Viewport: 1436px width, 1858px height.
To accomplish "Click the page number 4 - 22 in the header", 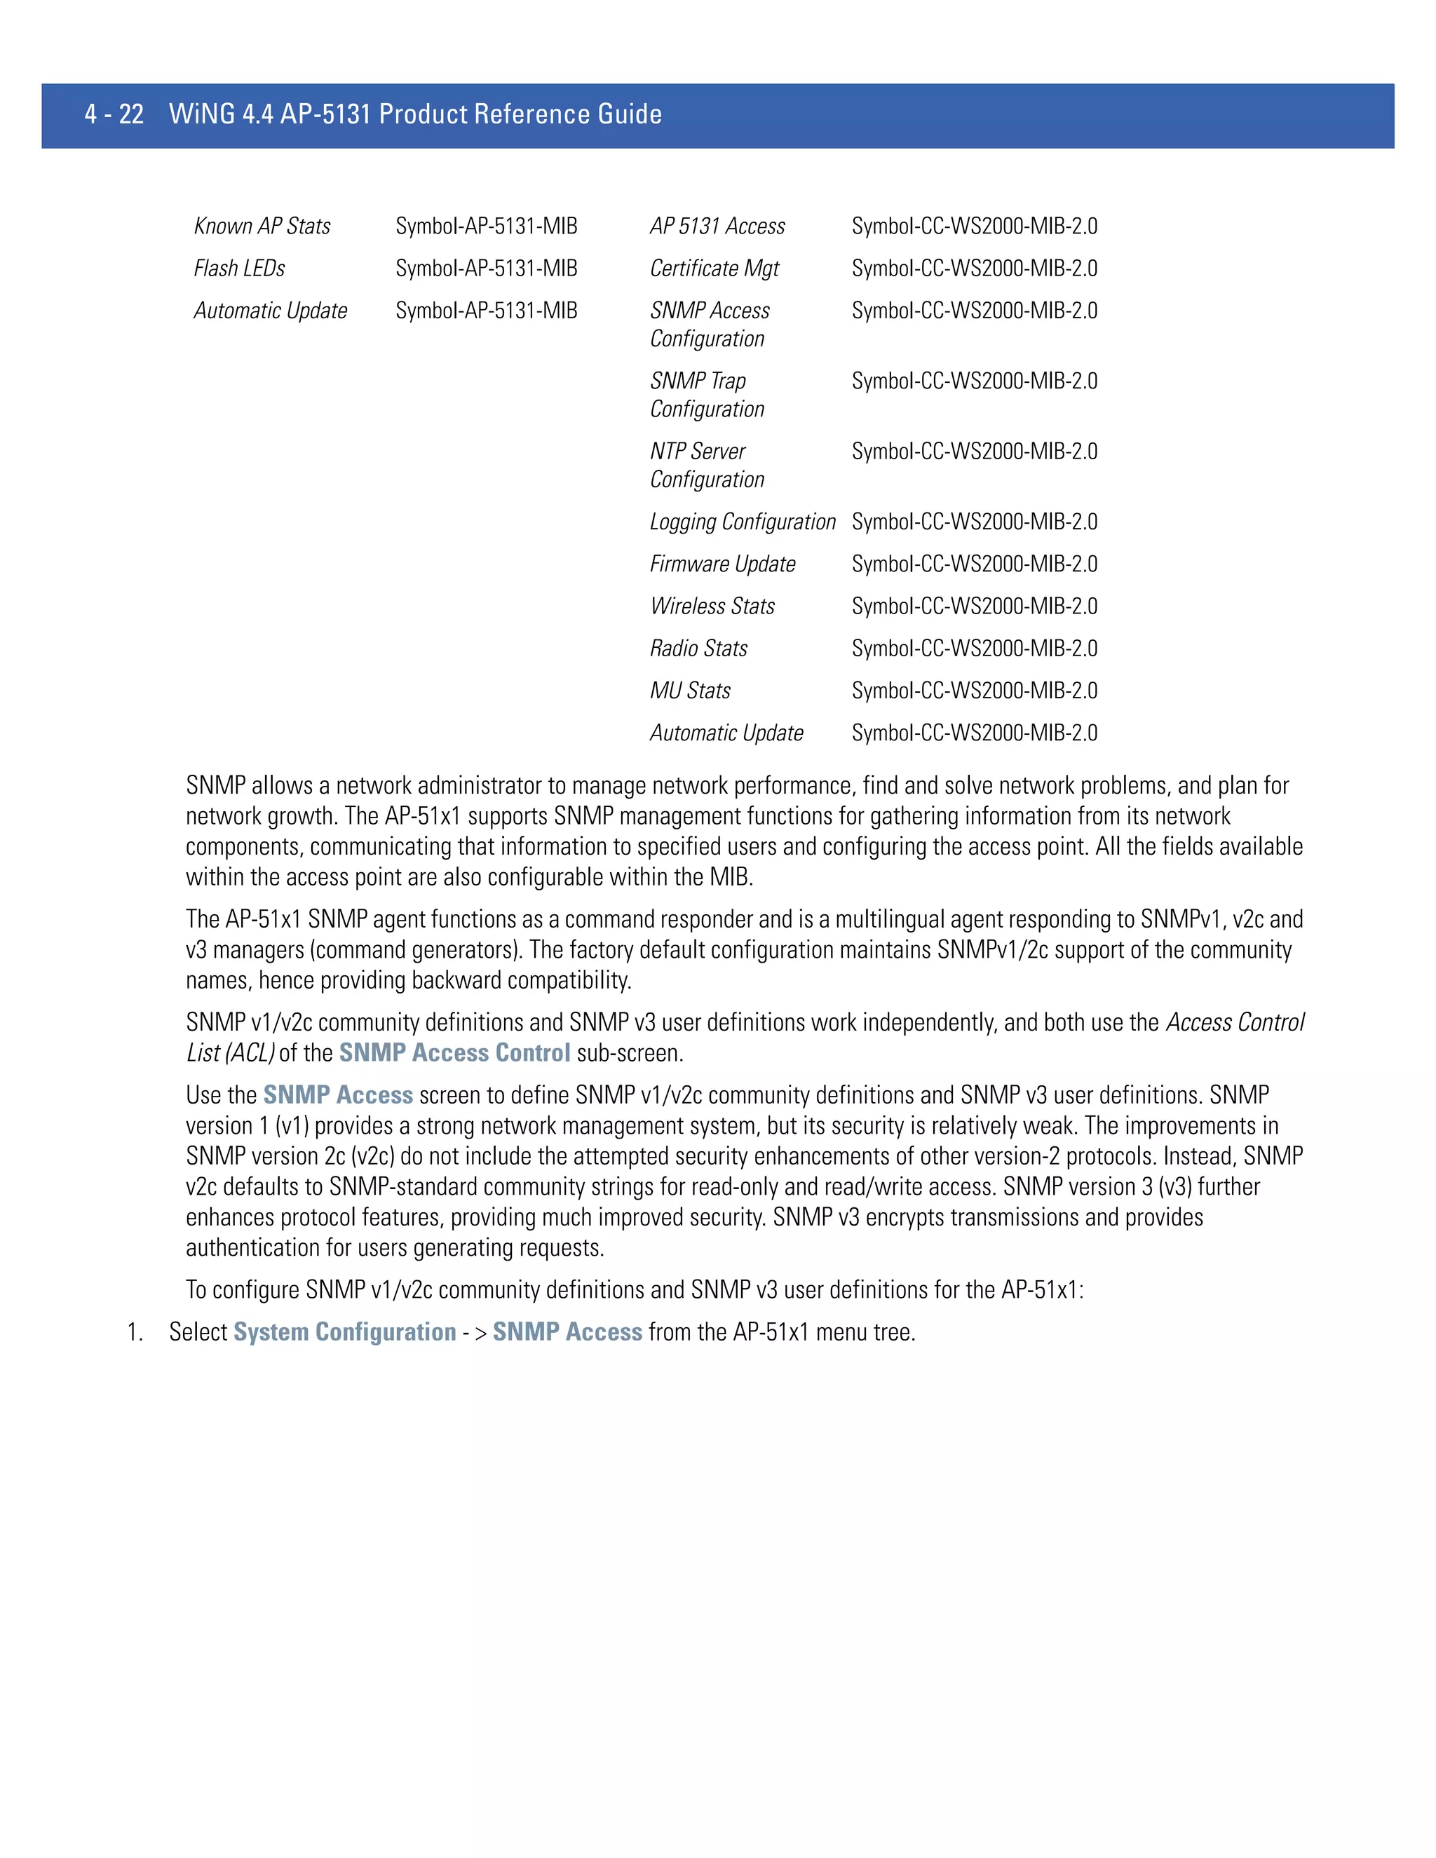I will click(114, 114).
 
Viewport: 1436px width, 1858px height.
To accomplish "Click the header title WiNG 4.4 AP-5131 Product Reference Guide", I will click(415, 114).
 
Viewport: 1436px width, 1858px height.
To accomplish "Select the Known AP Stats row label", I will click(262, 226).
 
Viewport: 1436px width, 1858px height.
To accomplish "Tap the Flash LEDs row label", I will click(239, 269).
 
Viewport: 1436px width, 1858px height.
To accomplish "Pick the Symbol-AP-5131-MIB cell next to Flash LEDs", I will click(486, 269).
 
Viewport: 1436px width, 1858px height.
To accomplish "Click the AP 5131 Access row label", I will click(717, 226).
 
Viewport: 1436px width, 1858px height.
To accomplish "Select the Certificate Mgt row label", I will click(714, 269).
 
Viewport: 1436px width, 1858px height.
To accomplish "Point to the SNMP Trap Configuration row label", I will click(706, 395).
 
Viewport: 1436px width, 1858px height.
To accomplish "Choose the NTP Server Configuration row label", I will click(706, 466).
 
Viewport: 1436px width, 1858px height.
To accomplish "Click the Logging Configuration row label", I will click(742, 522).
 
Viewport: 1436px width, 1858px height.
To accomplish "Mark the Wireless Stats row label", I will click(712, 606).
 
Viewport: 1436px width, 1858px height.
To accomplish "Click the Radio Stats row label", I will click(698, 649).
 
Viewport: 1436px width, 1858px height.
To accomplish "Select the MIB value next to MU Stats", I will click(974, 691).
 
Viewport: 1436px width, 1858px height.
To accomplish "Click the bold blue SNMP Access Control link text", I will click(454, 1053).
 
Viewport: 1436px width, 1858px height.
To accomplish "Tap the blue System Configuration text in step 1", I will click(344, 1332).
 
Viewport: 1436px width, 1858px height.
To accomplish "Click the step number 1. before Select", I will click(135, 1332).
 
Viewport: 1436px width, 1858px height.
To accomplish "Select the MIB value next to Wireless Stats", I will click(974, 606).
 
